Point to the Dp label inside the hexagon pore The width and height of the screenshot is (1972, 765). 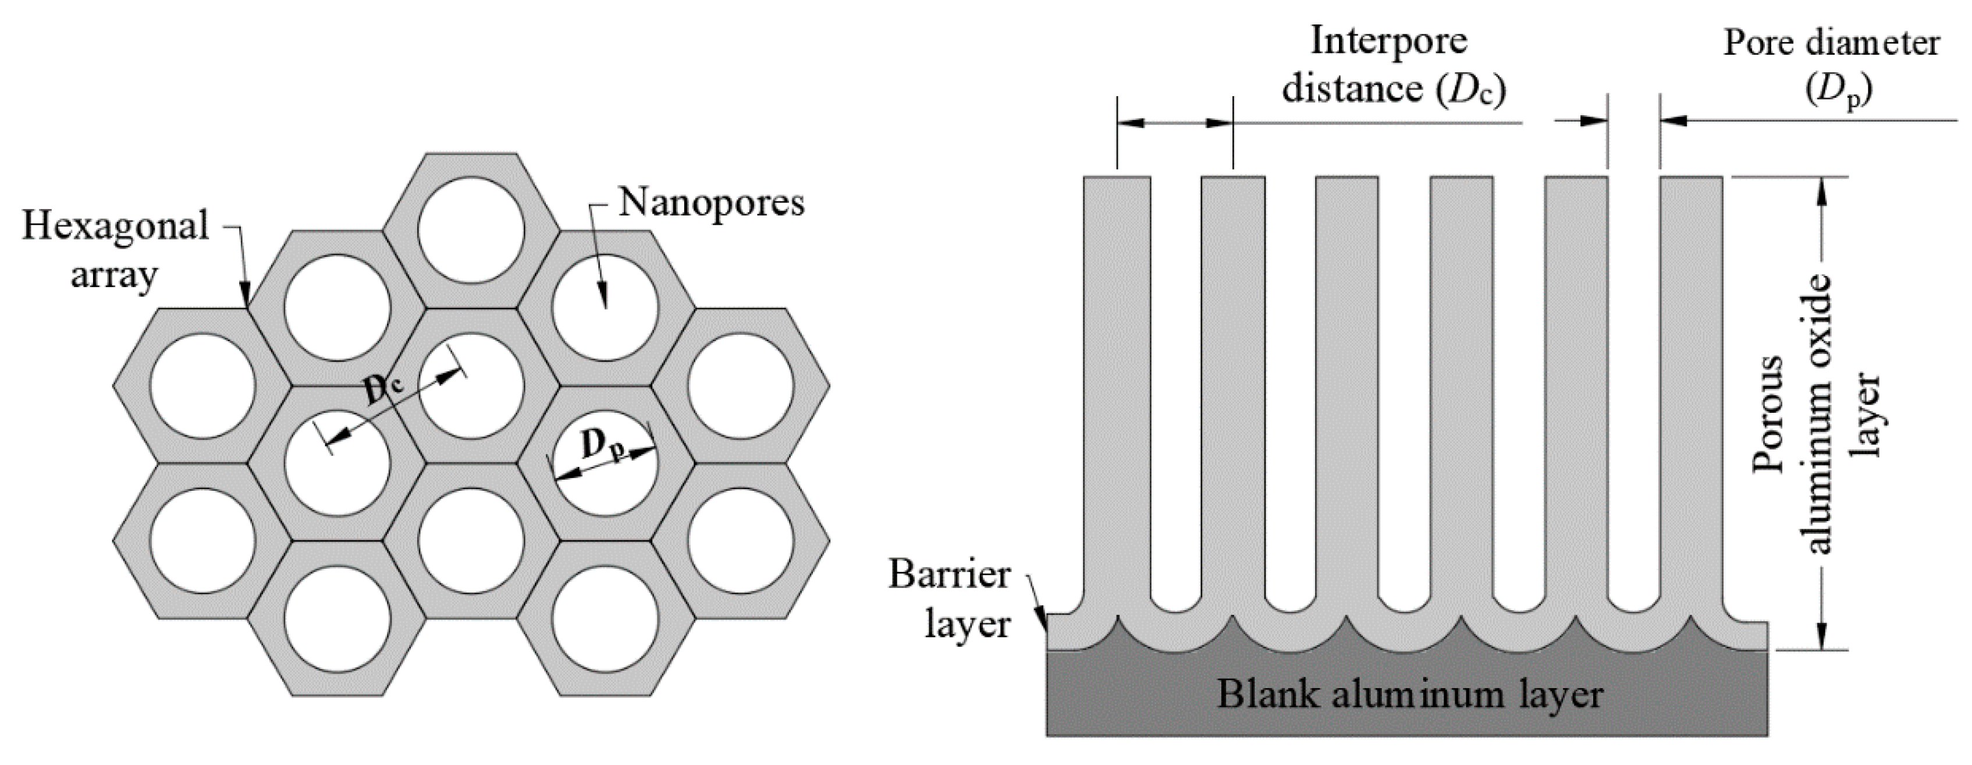click(x=602, y=446)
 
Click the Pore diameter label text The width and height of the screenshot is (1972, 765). click(x=1831, y=43)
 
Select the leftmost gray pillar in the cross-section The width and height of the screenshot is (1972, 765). click(x=1117, y=383)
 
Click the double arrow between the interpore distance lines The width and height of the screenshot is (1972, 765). click(x=1175, y=122)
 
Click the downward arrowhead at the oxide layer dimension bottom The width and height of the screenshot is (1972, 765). click(x=1822, y=637)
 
